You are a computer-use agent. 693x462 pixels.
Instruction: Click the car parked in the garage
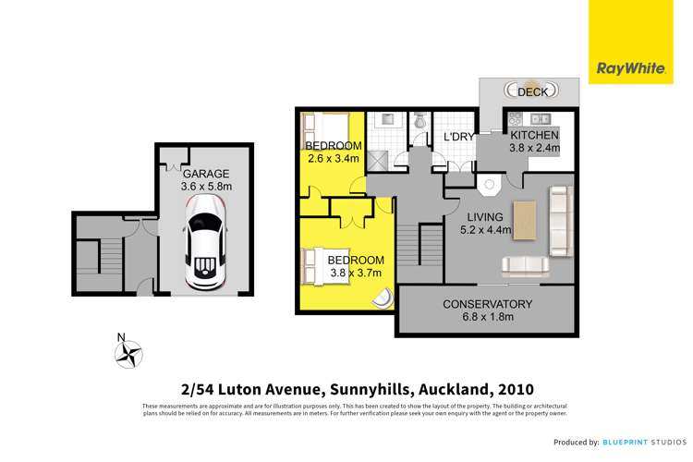205,249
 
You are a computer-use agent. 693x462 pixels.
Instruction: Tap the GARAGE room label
205,173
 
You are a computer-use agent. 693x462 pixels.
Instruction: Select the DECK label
532,91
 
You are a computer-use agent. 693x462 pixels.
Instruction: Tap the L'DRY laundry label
458,137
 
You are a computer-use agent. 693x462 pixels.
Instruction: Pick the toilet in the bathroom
419,121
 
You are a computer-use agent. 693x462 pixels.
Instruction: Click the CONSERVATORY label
487,304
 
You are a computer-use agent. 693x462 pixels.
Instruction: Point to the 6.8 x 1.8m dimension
487,318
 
